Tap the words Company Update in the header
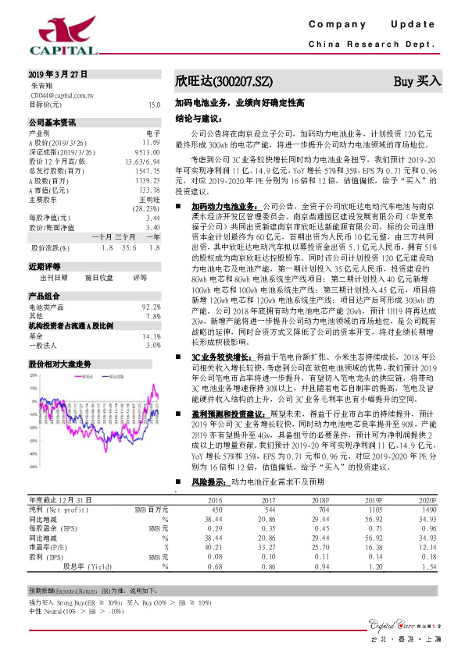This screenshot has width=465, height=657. (x=371, y=25)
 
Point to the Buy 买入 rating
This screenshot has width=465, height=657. (x=417, y=81)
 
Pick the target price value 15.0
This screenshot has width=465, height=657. (x=154, y=104)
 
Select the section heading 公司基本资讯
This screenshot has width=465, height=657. (x=52, y=123)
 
